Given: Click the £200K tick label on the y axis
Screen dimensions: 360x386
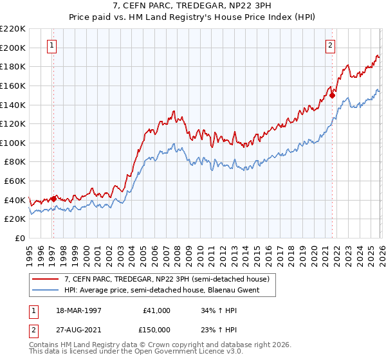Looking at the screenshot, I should coord(13,48).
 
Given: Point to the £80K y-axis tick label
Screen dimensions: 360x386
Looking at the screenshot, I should coord(15,162).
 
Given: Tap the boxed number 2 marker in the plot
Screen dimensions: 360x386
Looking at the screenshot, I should coord(330,45).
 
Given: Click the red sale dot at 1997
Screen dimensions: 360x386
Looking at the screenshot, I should coord(53,199).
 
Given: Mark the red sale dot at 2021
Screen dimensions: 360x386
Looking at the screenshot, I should coord(333,95).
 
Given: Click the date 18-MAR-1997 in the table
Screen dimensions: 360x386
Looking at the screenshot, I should coord(79,310).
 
